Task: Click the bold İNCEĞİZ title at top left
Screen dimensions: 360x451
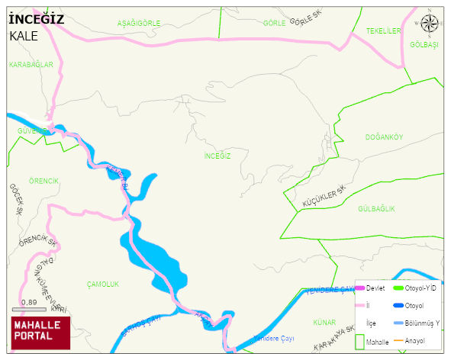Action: click(x=37, y=19)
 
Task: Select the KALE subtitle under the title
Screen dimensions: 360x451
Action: click(x=24, y=36)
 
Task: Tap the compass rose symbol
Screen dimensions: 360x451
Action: click(x=430, y=23)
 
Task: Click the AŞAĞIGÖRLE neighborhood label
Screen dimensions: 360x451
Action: click(x=139, y=24)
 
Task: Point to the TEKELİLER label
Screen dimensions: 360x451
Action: click(x=383, y=31)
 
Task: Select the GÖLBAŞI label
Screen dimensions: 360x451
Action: click(x=424, y=45)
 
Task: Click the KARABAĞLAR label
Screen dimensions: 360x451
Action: click(x=31, y=65)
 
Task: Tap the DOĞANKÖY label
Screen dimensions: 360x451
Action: click(x=384, y=137)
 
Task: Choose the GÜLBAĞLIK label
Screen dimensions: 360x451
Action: click(x=376, y=208)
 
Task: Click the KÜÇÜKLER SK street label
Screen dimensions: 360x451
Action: click(x=324, y=197)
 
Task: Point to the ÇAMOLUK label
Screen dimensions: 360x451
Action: click(x=103, y=284)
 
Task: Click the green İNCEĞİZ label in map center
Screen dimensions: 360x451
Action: click(x=217, y=156)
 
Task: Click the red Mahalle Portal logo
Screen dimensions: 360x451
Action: click(x=40, y=331)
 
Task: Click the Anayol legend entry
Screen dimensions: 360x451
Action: click(x=415, y=341)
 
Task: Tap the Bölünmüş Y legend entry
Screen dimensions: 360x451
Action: click(x=421, y=323)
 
